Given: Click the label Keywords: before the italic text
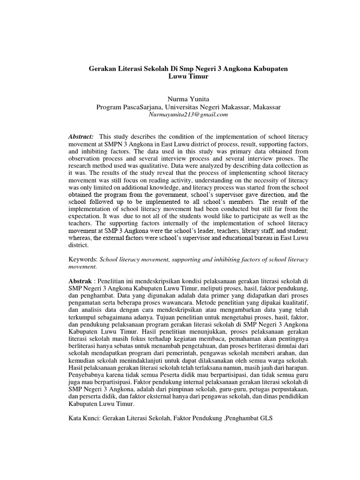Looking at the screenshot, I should [x=82, y=259].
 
